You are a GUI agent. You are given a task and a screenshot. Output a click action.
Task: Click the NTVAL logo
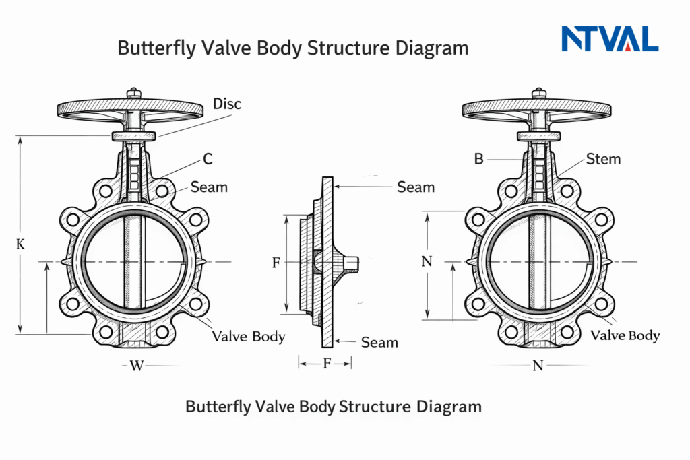coord(610,39)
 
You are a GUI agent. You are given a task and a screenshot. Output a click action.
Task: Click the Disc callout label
coord(226,104)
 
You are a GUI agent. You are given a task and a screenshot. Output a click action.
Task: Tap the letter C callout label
coord(208,160)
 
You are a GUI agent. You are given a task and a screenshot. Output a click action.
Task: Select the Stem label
coord(603,160)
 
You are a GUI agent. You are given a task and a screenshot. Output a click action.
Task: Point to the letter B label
coord(479,160)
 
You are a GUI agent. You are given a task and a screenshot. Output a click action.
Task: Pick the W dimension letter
coord(137,366)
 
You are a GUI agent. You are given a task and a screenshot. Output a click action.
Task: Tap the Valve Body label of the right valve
coord(625,335)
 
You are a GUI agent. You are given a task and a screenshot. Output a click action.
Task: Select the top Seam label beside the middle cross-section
coord(416,186)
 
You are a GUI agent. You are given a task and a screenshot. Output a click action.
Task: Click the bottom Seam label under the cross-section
coord(379,343)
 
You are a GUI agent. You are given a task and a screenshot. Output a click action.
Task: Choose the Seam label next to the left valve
coord(209,187)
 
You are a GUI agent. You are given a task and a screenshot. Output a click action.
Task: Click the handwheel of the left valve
coord(130,108)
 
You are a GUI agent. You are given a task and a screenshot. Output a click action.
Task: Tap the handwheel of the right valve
coord(538,108)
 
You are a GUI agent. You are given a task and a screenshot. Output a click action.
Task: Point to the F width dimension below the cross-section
coord(327,364)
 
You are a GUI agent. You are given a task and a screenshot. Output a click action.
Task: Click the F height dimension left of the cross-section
coord(276,263)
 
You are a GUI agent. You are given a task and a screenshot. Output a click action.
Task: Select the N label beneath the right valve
coord(538,366)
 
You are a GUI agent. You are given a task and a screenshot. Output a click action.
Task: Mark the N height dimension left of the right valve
coord(426,262)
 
